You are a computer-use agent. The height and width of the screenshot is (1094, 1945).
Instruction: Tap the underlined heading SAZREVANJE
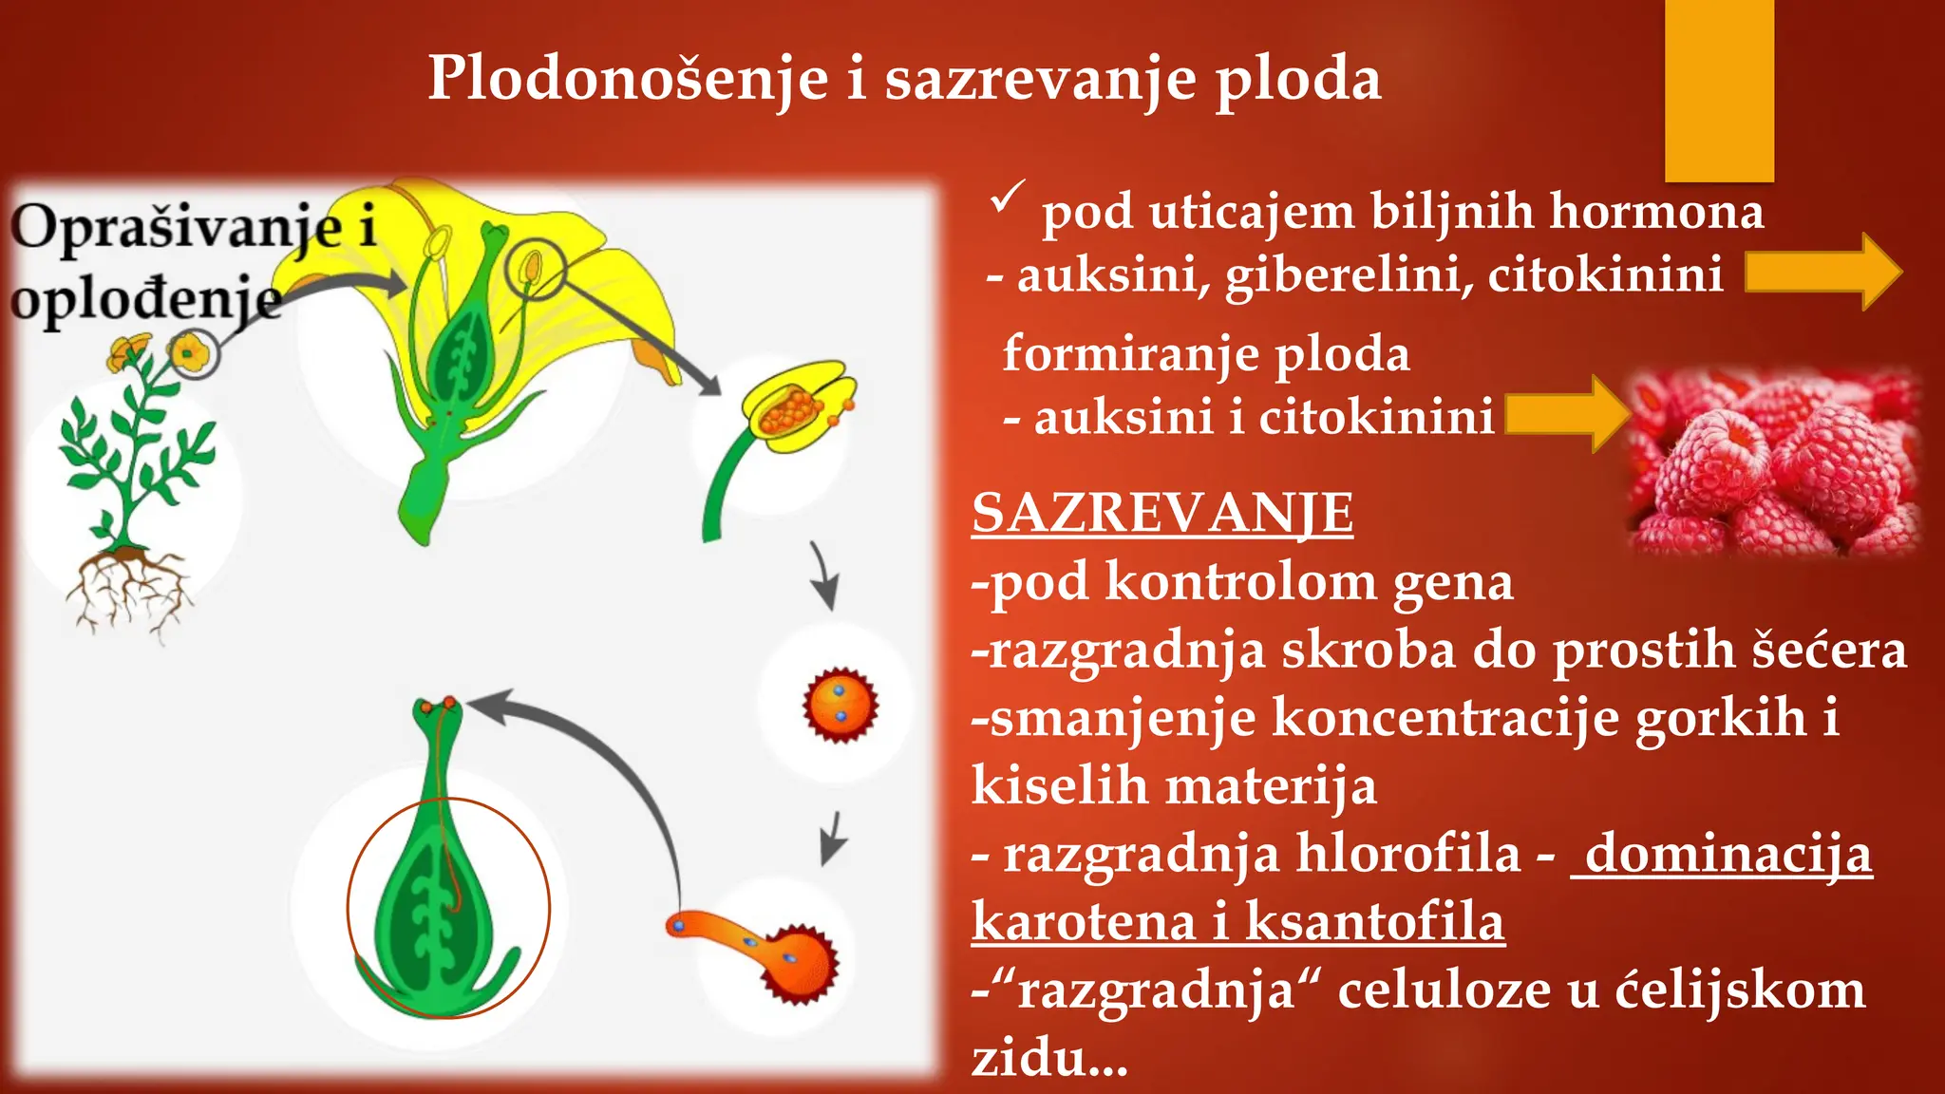(1161, 514)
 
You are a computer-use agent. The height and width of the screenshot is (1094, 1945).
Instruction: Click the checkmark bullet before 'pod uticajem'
(1006, 198)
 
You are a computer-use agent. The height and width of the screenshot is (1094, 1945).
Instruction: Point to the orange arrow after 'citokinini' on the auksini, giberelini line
(1822, 272)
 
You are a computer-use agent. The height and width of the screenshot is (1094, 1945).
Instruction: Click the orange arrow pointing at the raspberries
(1567, 414)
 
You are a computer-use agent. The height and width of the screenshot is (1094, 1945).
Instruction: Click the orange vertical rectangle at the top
(1719, 90)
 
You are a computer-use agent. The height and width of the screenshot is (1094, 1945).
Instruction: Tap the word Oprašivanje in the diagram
(177, 230)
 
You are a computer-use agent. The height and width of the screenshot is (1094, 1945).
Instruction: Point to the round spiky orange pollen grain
(840, 706)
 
